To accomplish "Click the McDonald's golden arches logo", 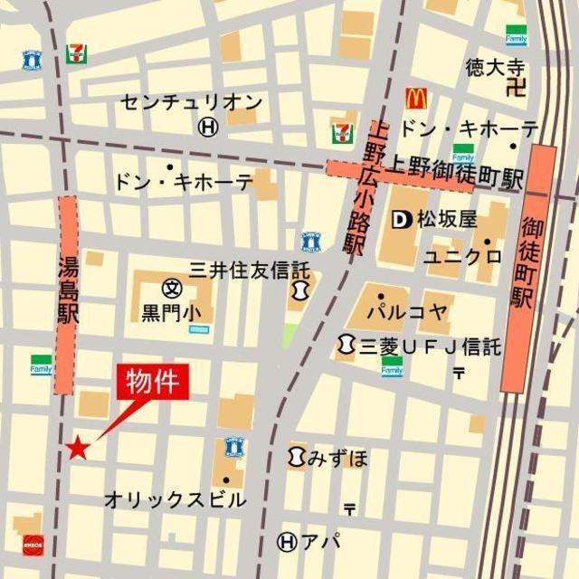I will pyautogui.click(x=416, y=98).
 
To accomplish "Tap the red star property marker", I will pyautogui.click(x=78, y=447).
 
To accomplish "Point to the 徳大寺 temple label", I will pyautogui.click(x=496, y=67).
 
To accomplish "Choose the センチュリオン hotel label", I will pyautogui.click(x=192, y=102).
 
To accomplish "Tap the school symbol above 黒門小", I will pyautogui.click(x=171, y=289).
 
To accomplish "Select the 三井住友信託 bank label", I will pyautogui.click(x=249, y=270).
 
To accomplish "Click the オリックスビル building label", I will pyautogui.click(x=175, y=499).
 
